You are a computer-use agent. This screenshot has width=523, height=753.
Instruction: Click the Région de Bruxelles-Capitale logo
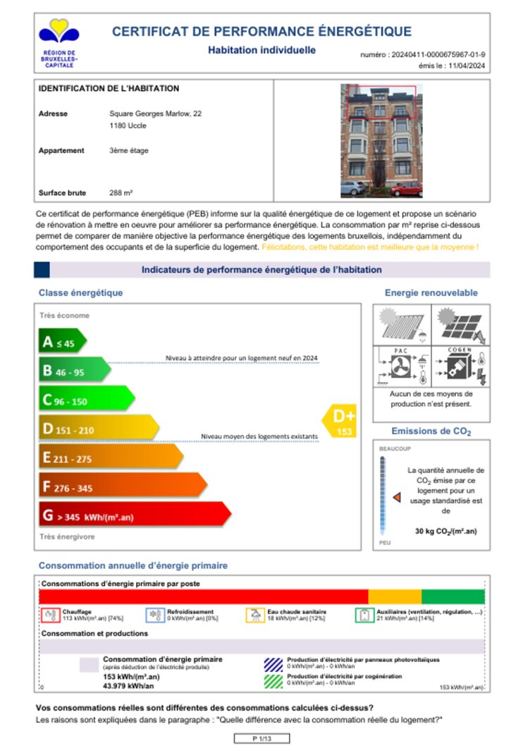[x=59, y=42]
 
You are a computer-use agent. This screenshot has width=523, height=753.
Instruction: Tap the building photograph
[x=381, y=140]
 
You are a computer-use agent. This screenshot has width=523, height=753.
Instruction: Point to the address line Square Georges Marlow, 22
[x=156, y=113]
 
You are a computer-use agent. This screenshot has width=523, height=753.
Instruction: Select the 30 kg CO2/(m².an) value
[x=445, y=530]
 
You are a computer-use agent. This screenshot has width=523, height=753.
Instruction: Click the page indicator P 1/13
[x=261, y=737]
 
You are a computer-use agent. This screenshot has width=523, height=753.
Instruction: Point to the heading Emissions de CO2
[x=431, y=431]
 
